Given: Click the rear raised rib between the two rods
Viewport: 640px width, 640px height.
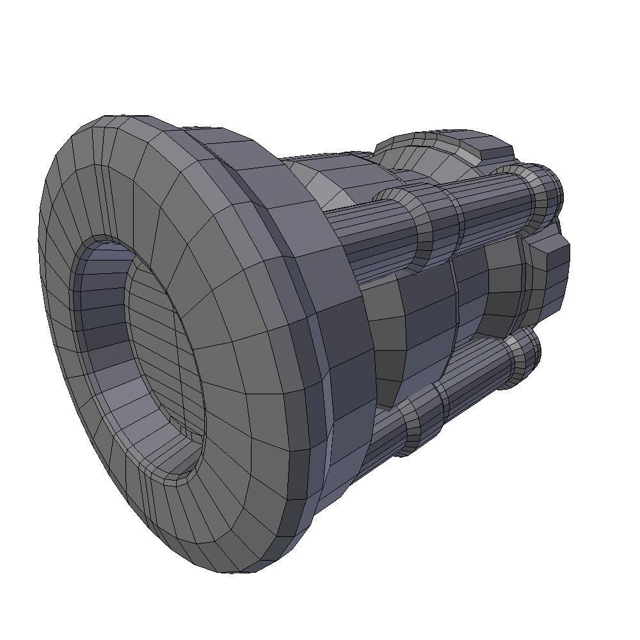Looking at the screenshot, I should point(502,288).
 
